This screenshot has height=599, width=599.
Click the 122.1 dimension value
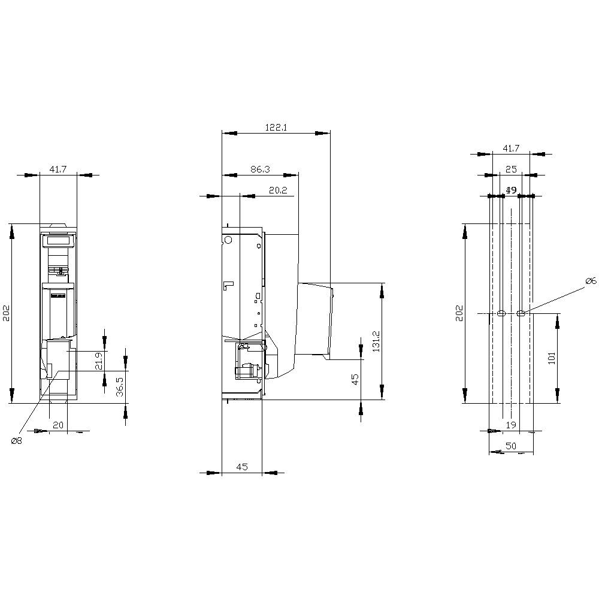(277, 128)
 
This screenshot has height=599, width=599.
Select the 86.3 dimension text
(260, 170)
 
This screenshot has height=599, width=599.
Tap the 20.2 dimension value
(277, 190)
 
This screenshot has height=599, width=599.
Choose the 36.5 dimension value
(119, 387)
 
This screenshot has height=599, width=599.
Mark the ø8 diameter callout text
(16, 441)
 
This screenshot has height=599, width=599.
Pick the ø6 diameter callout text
(589, 281)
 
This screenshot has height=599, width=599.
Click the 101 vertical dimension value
(552, 358)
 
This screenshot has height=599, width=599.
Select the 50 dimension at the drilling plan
(510, 446)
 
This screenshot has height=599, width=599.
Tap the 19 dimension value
(511, 425)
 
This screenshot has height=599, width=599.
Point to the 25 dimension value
(511, 170)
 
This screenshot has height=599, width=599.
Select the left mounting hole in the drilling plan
(501, 313)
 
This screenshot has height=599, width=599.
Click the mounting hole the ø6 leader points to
(521, 313)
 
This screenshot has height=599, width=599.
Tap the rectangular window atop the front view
(58, 240)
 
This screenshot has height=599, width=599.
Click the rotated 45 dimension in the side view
(355, 379)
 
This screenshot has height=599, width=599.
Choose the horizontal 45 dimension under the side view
(242, 467)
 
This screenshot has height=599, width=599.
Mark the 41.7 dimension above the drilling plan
(511, 148)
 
